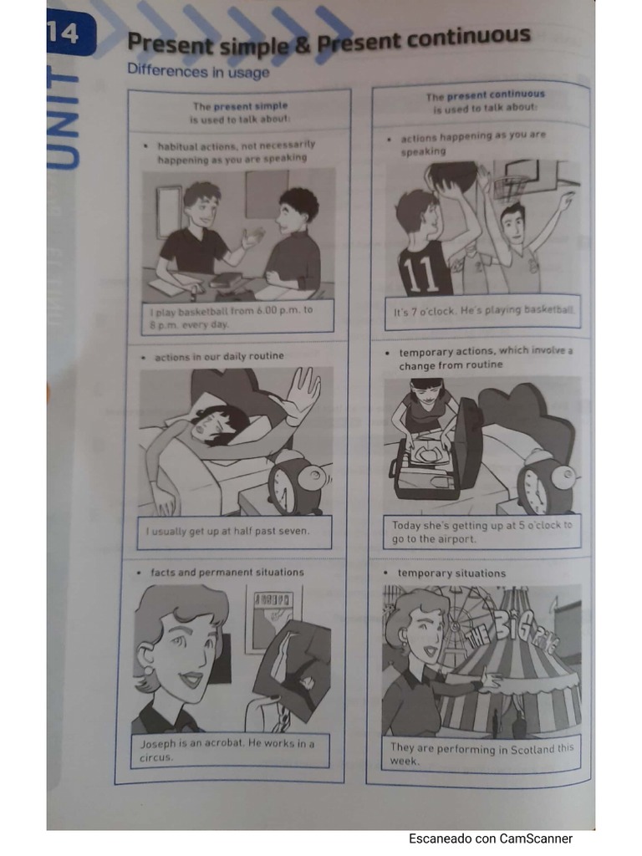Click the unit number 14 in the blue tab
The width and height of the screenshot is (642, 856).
point(64,33)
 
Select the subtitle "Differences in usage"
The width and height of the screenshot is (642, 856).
point(198,71)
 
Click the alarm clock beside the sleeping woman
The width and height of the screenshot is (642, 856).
point(297,482)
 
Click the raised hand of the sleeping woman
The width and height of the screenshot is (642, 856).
point(299,393)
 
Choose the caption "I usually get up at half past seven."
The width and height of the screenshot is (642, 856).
point(227,531)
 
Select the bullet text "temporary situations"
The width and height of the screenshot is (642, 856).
point(451,573)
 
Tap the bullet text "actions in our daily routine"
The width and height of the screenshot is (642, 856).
point(220,356)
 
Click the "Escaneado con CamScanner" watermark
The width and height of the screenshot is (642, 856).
point(491,838)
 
